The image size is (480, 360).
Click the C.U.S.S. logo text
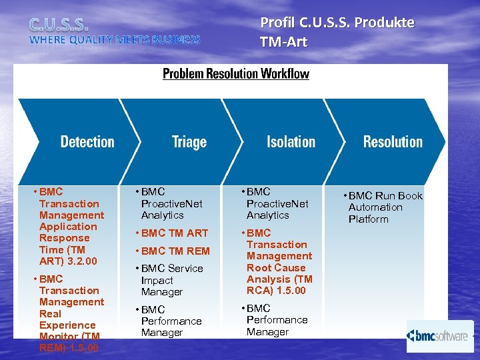(59, 25)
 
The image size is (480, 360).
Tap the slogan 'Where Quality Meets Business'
(114, 40)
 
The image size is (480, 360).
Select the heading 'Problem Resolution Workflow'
(236, 73)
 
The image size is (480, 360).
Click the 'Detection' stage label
(87, 142)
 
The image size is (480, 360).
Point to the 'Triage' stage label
(189, 142)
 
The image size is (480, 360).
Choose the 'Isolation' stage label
(291, 142)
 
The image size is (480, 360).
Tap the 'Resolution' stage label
(393, 142)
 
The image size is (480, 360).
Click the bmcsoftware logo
(439, 336)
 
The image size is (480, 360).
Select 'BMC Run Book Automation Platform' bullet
(383, 207)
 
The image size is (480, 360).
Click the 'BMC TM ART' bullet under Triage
(171, 233)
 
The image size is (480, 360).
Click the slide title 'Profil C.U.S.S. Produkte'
(337, 23)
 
